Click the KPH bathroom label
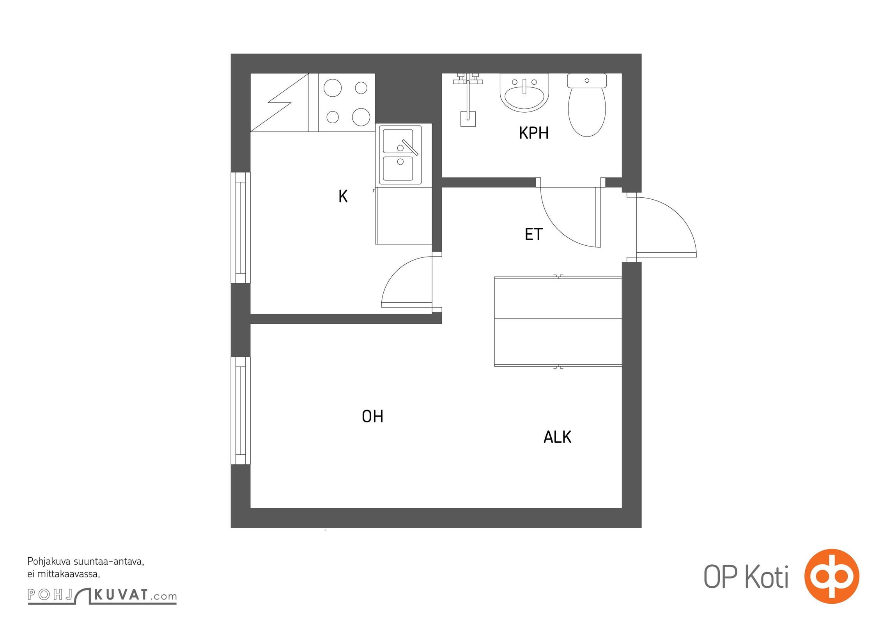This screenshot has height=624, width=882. (533, 133)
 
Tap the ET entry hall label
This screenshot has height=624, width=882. (533, 234)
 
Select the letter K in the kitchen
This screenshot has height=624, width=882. (343, 196)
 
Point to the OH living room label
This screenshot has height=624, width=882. (372, 417)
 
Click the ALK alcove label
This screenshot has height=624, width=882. (557, 437)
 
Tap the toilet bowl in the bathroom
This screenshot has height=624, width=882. (587, 105)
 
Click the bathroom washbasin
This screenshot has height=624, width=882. (524, 93)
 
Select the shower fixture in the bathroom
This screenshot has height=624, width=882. (468, 99)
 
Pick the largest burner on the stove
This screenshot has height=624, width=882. (361, 117)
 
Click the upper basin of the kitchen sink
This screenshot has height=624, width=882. (398, 141)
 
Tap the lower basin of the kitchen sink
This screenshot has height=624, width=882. (398, 168)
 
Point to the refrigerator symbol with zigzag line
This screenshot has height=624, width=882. (280, 103)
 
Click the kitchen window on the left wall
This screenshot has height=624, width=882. (241, 227)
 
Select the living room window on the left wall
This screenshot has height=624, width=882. (241, 411)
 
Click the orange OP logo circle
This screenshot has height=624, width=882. (832, 576)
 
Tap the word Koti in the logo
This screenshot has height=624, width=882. (767, 577)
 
